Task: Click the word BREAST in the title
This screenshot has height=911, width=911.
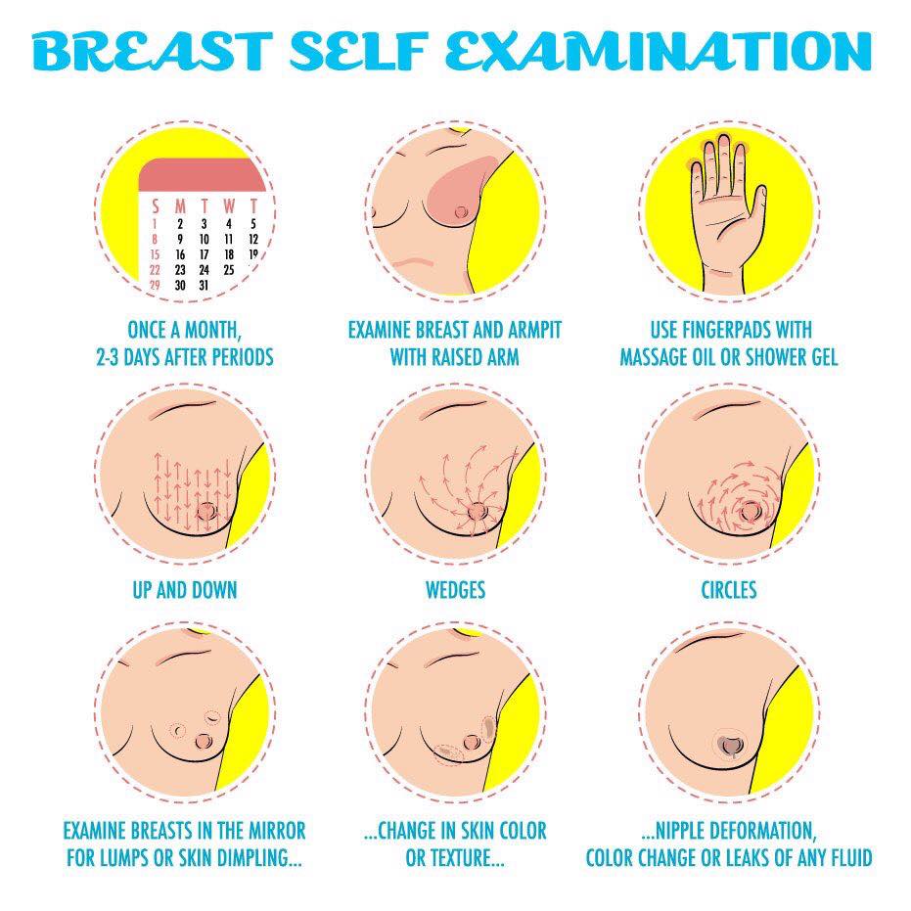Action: pos(152,51)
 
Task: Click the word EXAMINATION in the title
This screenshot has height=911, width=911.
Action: pos(659,51)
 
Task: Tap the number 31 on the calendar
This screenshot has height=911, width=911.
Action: pos(204,286)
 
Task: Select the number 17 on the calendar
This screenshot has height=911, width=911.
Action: pos(204,254)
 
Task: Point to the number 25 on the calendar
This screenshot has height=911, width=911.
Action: pos(229,270)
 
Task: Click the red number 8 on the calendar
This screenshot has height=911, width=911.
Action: pos(155,239)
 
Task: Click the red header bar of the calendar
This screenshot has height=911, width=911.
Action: pos(202,174)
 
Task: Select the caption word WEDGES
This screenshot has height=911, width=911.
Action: pos(456,590)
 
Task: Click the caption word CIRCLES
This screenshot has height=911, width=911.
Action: pos(729,590)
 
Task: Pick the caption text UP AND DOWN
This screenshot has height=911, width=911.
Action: pos(185,590)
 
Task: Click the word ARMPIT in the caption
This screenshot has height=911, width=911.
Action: pos(534,330)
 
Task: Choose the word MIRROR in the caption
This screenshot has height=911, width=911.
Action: pos(277,831)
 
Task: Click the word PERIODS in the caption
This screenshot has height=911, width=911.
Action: pos(243,357)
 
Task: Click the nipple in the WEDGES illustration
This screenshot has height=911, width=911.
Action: pos(477,511)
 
